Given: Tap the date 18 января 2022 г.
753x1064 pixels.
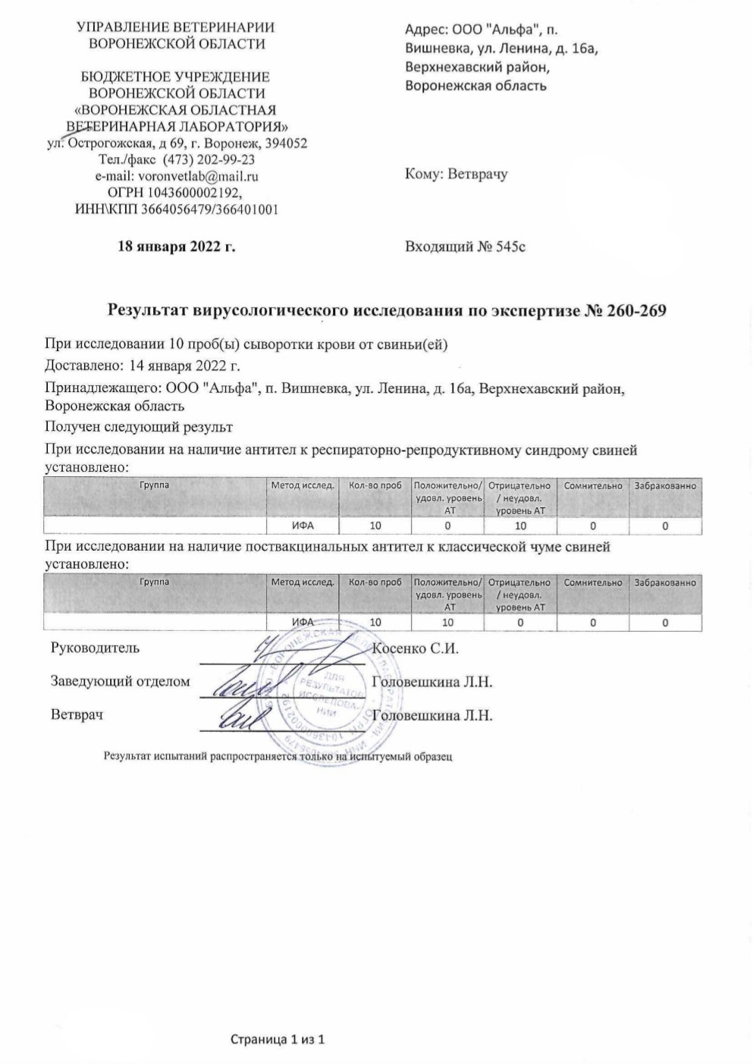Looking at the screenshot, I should [x=176, y=246].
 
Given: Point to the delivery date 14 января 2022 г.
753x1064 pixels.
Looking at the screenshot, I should [x=185, y=366].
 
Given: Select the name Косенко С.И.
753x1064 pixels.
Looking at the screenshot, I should [x=417, y=648].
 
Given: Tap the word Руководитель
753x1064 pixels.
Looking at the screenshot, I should [x=95, y=648].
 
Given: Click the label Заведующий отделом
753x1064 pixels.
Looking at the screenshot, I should [x=120, y=682].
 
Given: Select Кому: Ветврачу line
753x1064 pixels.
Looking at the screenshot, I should [x=457, y=174].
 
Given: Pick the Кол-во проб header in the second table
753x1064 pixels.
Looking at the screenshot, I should [x=375, y=582].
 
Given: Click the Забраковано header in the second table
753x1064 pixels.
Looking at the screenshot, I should [x=665, y=582].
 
